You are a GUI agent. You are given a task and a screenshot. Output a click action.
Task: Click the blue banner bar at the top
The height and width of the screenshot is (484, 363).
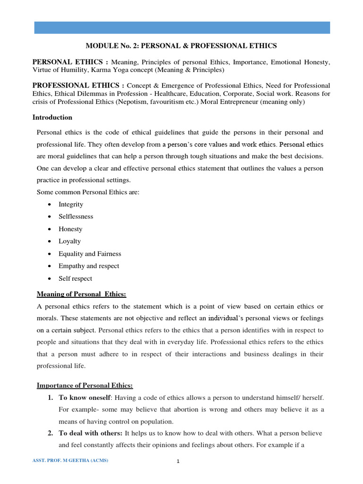182,27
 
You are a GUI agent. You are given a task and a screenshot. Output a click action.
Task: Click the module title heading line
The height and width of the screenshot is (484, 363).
181,46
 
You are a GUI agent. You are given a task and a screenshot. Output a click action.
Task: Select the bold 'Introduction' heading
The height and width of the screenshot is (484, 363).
52,117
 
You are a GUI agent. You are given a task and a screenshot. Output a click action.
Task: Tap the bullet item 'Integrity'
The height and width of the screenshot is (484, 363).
71,204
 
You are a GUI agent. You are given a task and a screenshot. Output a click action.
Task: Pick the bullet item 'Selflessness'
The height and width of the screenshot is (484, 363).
76,216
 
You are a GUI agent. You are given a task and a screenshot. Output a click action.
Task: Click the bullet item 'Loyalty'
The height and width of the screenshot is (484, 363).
69,241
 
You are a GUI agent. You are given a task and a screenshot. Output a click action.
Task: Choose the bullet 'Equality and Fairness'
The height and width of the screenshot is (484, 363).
90,254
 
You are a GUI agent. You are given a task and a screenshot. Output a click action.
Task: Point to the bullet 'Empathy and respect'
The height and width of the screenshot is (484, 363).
89,266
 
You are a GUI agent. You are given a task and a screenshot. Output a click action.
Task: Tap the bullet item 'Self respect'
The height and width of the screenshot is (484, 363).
75,278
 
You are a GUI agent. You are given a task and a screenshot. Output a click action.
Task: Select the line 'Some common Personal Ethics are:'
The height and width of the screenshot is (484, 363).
88,192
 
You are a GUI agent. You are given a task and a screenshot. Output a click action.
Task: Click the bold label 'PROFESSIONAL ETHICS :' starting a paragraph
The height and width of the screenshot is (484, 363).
78,86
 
